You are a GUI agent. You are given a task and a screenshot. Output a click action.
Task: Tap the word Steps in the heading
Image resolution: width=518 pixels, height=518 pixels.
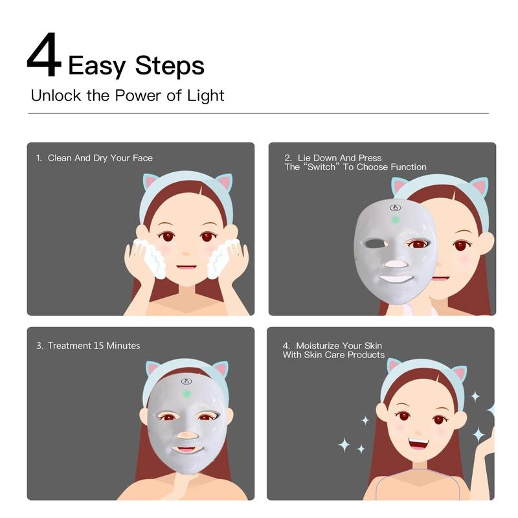[x=170, y=65]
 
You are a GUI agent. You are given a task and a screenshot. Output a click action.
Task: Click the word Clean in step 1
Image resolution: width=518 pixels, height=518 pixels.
[x=60, y=157]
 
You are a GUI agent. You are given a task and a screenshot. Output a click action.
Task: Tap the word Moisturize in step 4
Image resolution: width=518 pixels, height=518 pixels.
[x=319, y=346]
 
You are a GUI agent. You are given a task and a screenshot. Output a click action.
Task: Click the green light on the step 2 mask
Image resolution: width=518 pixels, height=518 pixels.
[x=395, y=220]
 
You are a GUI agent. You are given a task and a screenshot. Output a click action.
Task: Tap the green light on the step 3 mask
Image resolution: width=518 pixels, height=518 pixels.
[x=186, y=393]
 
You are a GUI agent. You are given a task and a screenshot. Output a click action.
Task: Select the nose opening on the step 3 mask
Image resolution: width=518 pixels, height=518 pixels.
[x=185, y=436]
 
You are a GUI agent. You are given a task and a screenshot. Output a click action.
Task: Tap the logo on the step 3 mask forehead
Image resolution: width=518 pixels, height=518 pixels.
[x=186, y=381]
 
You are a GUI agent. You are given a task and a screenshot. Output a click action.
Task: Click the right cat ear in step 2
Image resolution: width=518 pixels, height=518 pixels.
[x=479, y=188]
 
